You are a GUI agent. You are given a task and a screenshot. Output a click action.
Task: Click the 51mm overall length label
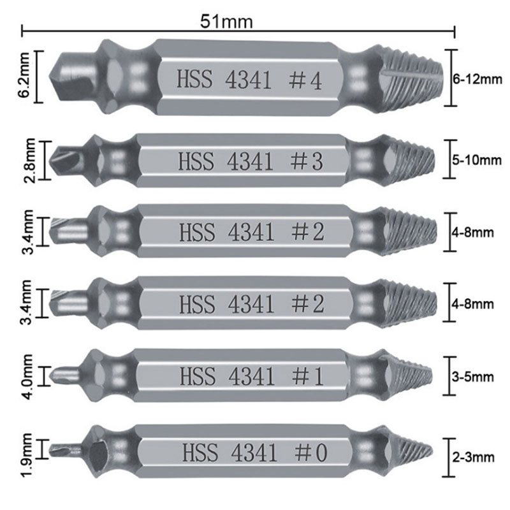(226, 22)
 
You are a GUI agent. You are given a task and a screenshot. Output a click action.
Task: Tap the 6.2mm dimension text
(25, 76)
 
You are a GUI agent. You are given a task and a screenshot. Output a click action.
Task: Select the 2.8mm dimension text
(29, 161)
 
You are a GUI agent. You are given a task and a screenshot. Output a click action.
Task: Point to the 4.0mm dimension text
(27, 377)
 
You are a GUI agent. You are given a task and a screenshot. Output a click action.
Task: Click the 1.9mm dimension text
(27, 455)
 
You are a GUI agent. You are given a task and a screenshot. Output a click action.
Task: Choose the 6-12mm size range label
(477, 79)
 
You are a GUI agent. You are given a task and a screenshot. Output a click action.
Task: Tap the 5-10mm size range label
(477, 160)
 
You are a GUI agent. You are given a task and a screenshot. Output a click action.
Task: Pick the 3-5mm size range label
(472, 377)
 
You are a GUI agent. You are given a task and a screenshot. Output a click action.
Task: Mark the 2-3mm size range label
(473, 457)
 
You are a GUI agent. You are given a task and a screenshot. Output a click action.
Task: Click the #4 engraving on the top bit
(305, 81)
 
